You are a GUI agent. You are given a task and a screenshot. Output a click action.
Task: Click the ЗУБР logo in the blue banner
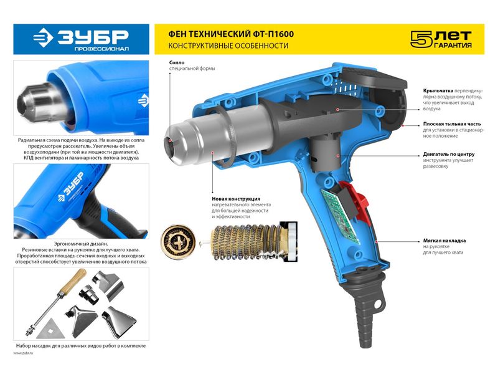click(81, 37)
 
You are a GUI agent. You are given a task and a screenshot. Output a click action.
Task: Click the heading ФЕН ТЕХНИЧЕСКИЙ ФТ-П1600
click(231, 34)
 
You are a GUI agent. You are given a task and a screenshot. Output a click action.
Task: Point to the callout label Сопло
click(177, 63)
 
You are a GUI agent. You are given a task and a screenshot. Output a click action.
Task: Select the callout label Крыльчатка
click(438, 90)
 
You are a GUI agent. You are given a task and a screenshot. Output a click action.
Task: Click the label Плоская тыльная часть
click(452, 124)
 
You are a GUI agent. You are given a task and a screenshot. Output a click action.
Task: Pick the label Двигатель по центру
click(449, 154)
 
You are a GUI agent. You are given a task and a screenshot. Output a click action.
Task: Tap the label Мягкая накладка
click(444, 241)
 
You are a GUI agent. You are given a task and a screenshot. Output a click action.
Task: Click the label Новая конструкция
click(236, 199)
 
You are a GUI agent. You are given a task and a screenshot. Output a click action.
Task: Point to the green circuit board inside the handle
click(340, 216)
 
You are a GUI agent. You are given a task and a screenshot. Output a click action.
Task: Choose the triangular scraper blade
click(50, 329)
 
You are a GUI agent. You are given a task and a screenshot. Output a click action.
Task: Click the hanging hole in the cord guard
click(378, 305)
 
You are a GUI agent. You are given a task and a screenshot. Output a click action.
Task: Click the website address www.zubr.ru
click(23, 353)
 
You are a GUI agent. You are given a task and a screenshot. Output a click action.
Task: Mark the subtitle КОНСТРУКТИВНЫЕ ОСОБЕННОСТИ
click(228, 46)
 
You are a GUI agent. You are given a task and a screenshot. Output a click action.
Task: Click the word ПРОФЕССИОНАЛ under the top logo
click(101, 49)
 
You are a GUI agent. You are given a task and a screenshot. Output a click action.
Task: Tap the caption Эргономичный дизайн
click(81, 244)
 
